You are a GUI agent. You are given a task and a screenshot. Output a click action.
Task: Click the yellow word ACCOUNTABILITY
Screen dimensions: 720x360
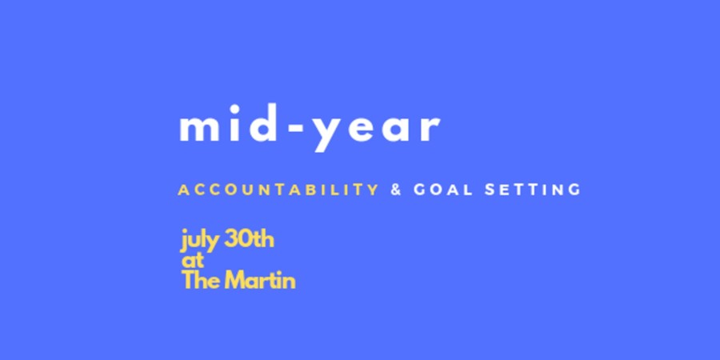click(278, 190)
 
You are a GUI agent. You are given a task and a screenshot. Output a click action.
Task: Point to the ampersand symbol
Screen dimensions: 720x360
click(396, 190)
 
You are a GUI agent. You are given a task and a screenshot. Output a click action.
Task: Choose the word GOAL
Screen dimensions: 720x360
click(443, 190)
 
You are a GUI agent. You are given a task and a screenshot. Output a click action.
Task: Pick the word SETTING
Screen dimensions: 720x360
click(533, 190)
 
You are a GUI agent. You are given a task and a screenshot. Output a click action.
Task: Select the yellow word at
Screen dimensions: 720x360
click(193, 261)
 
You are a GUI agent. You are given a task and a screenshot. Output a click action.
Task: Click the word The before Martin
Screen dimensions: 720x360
click(200, 280)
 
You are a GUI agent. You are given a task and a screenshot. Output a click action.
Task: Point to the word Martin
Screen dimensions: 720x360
click(259, 280)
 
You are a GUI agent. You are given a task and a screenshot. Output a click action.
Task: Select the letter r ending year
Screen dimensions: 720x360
click(430, 128)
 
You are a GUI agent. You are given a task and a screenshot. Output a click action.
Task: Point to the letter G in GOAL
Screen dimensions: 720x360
click(419, 190)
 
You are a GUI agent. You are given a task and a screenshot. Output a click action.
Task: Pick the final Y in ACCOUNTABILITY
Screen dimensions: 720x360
click(373, 190)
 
